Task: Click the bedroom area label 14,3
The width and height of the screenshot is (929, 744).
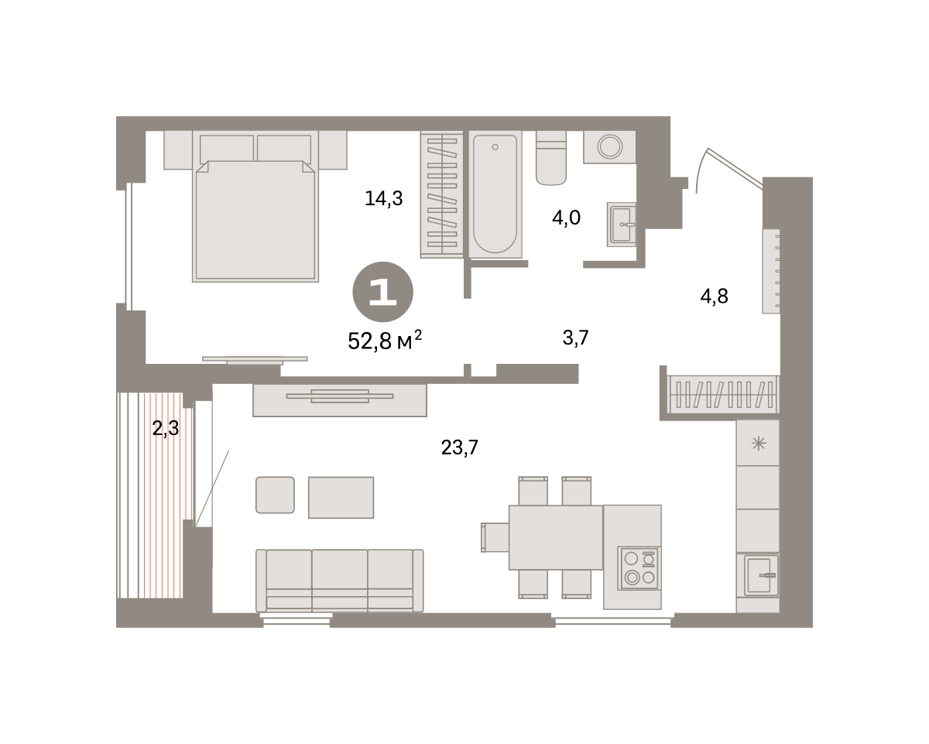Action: pos(383,199)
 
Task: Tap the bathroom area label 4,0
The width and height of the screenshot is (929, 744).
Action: pos(566,218)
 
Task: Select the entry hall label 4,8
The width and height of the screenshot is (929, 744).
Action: pos(714,297)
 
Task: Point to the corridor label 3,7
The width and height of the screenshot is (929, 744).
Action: pos(575,338)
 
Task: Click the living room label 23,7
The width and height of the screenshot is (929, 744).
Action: pos(459,447)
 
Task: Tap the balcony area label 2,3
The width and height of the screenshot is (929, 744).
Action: pos(166,428)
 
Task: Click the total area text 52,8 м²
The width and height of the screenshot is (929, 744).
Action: pos(384,341)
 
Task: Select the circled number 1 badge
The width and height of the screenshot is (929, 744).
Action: pos(383,292)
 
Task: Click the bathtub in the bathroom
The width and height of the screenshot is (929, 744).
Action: pos(495,194)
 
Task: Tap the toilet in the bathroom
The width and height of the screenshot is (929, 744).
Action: pos(551,158)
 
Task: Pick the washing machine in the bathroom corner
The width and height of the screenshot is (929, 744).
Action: pos(609,147)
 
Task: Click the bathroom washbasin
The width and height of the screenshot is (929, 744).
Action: pos(622,225)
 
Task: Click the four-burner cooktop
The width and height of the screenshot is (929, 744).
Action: pos(639,568)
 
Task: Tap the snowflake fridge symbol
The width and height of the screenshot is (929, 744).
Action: pos(758,444)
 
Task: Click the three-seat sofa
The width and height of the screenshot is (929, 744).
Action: pos(340,581)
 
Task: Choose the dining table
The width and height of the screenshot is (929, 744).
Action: pos(556,537)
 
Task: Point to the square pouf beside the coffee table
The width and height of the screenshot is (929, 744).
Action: pos(275,495)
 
